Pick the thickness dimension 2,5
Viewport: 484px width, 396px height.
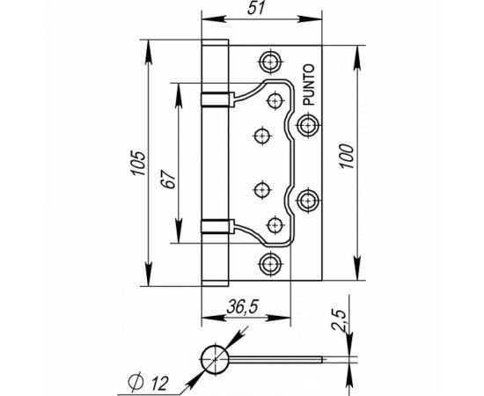click(x=347, y=319)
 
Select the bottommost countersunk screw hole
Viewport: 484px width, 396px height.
click(x=270, y=261)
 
